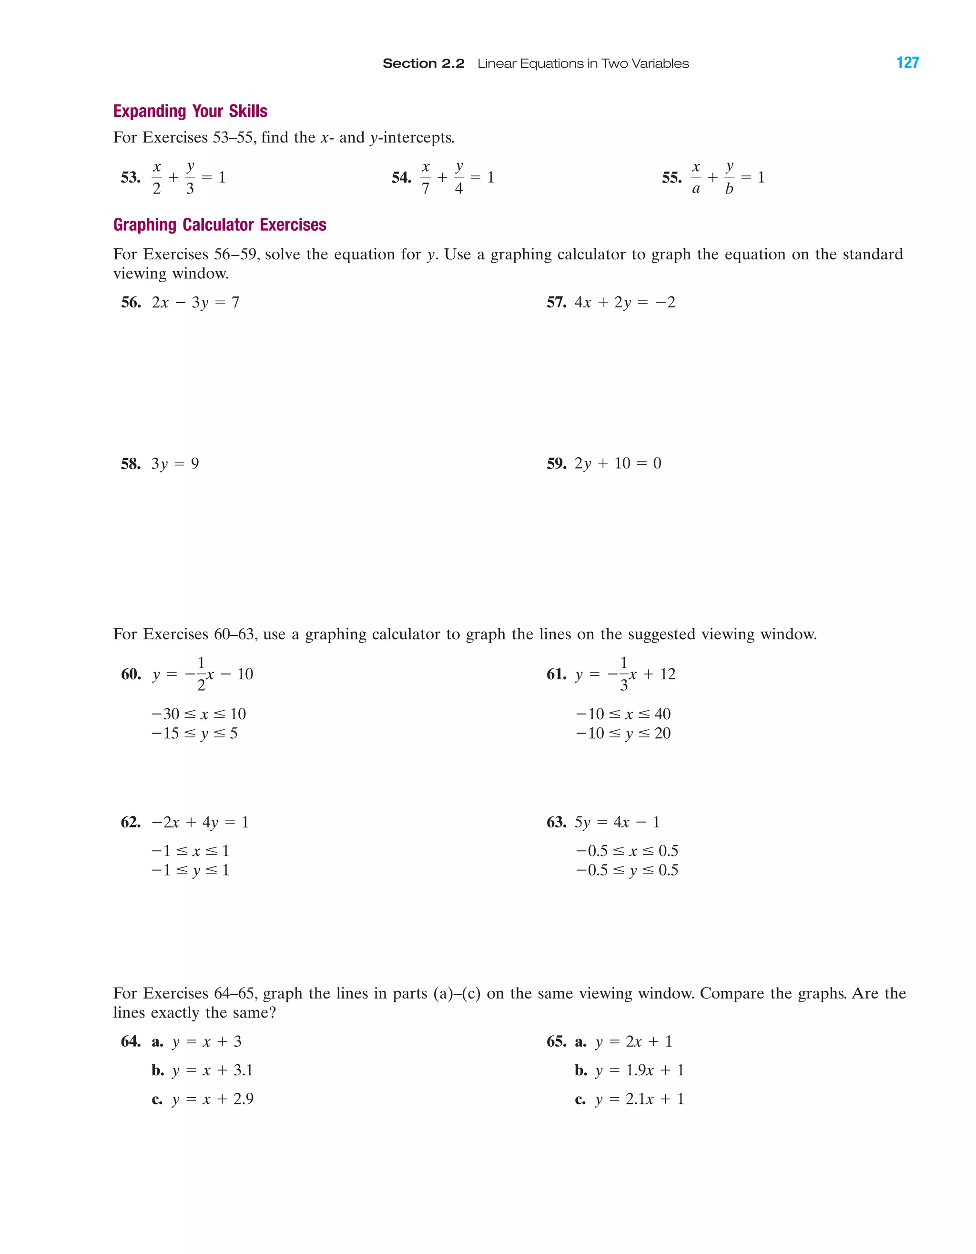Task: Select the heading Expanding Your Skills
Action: click(x=190, y=111)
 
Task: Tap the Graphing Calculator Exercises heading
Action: click(x=219, y=224)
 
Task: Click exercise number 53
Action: click(x=130, y=177)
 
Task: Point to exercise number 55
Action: click(x=672, y=177)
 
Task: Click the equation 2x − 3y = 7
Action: click(x=195, y=302)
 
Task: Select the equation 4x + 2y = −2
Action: click(x=625, y=302)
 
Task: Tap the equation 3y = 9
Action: click(x=175, y=463)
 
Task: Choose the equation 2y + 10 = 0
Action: click(x=618, y=463)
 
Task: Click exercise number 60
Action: click(x=131, y=674)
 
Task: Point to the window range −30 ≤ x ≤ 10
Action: click(x=199, y=714)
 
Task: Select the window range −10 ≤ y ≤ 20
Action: click(x=623, y=733)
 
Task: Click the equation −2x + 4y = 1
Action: click(x=200, y=822)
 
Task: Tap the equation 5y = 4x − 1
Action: click(x=617, y=822)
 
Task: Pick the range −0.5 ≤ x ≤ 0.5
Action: click(x=627, y=850)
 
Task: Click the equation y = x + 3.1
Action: click(x=213, y=1070)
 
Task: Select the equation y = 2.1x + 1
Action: click(x=640, y=1099)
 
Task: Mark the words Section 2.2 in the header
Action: click(x=423, y=63)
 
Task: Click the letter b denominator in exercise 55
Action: click(x=729, y=189)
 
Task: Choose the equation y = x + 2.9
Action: click(x=213, y=1099)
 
